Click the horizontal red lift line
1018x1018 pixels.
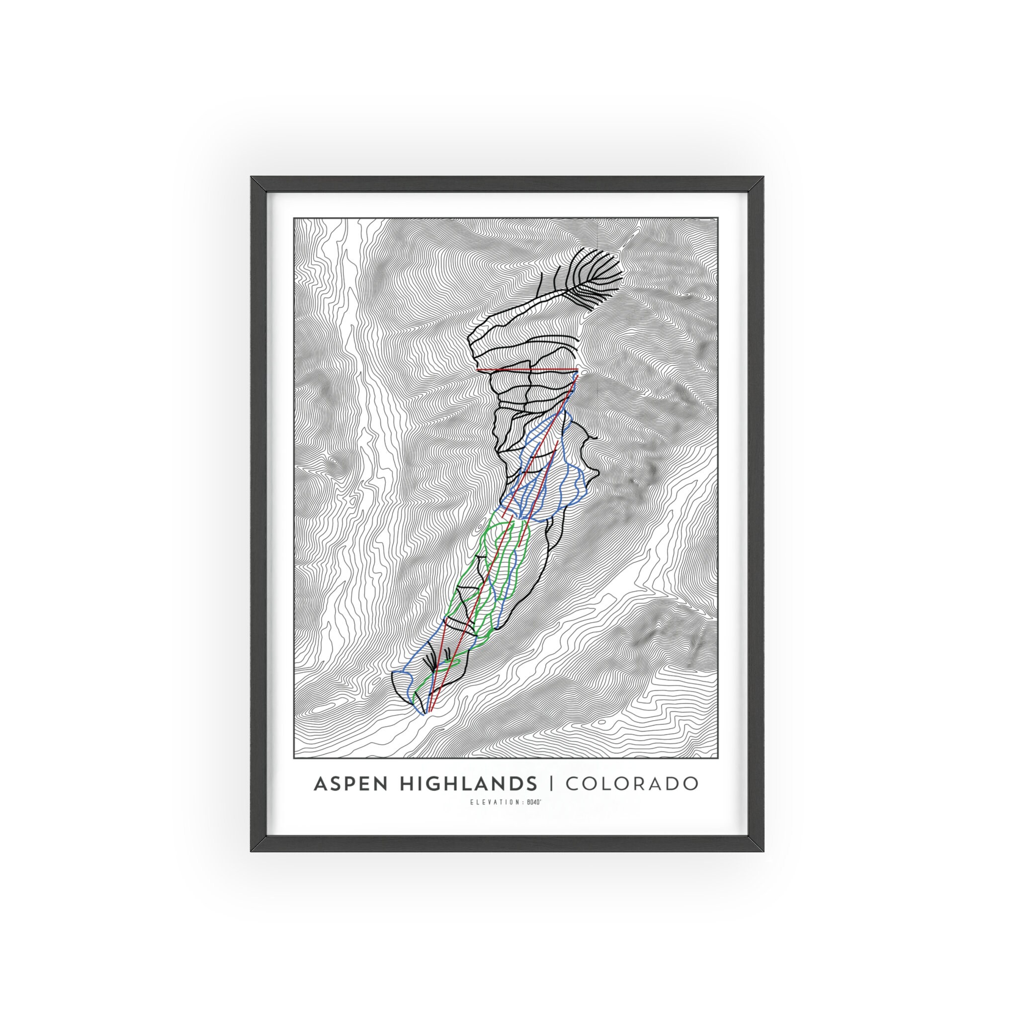[x=527, y=370]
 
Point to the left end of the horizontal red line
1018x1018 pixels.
[x=477, y=370]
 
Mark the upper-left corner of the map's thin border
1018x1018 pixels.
[x=294, y=218]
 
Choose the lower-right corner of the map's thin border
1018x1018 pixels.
[x=718, y=758]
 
